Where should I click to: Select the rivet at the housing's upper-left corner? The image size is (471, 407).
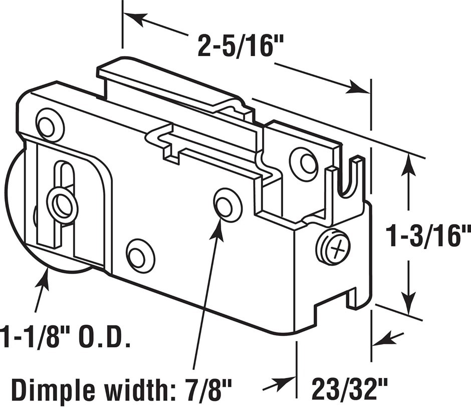pyautogui.click(x=50, y=123)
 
